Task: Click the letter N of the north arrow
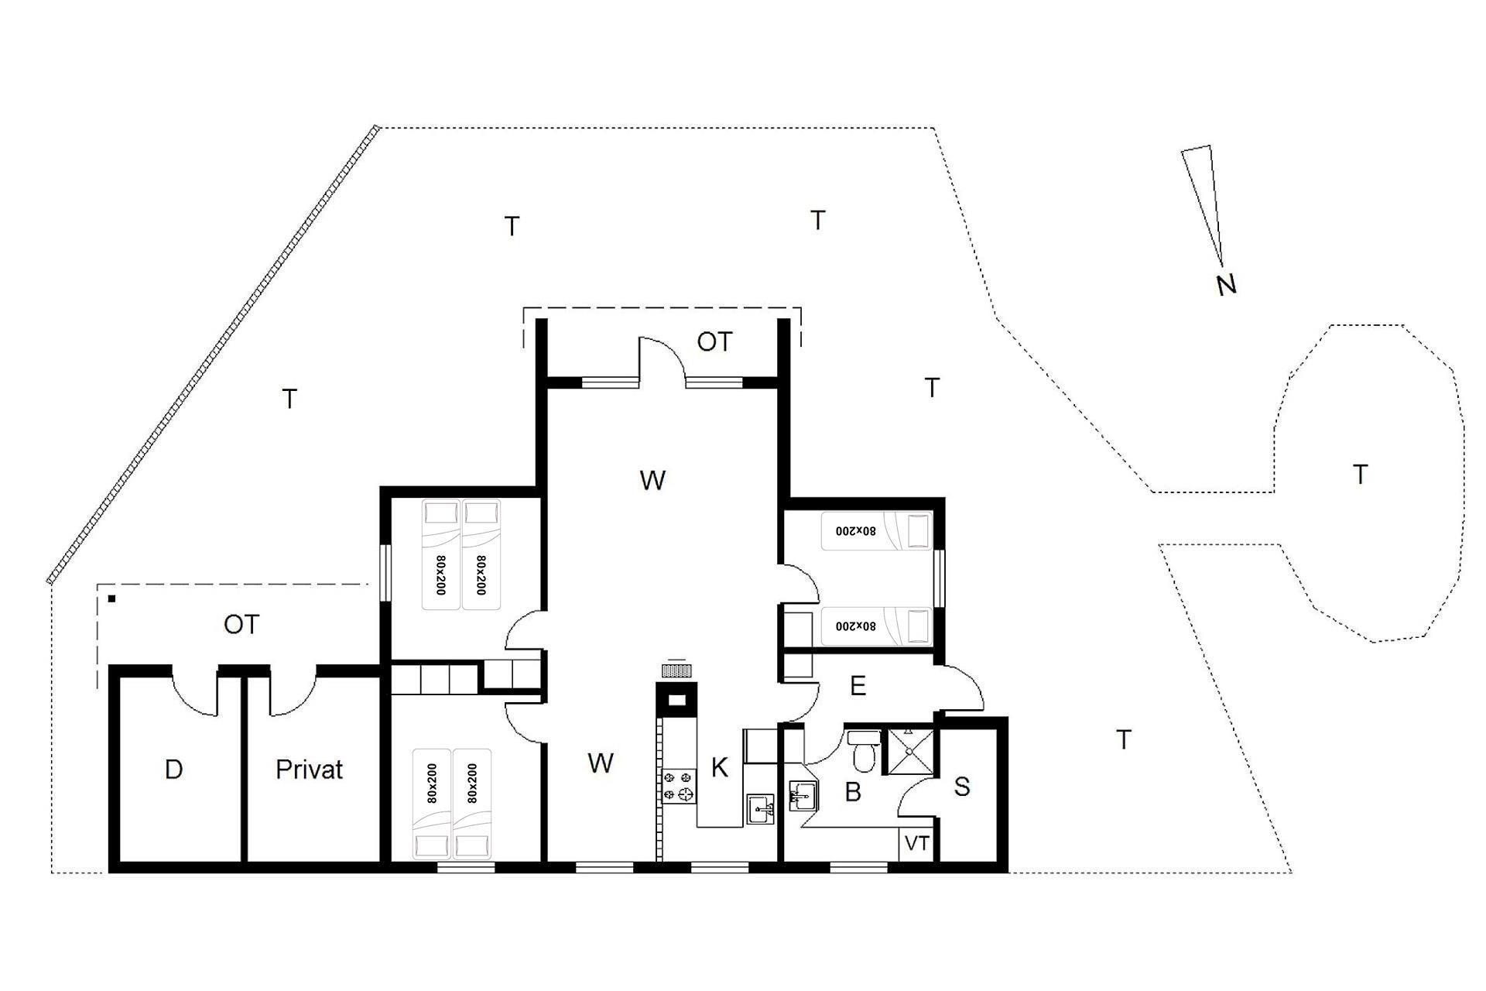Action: coord(1227,285)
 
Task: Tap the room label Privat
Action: coord(309,770)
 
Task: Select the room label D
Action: coord(174,770)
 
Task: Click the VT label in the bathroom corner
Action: coord(917,843)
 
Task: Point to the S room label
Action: coord(962,787)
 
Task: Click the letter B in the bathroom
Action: coord(853,792)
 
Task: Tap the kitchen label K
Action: coord(720,768)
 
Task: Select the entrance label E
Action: coord(858,686)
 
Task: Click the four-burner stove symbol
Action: coord(679,785)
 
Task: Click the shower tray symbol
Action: coord(911,750)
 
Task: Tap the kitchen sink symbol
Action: coord(761,810)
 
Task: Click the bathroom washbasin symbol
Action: coord(803,795)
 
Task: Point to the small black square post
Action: coord(112,598)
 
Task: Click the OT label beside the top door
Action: coord(714,341)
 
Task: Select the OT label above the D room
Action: coord(241,624)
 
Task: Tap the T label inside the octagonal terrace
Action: coord(1360,474)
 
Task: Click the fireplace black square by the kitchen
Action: coord(676,700)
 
